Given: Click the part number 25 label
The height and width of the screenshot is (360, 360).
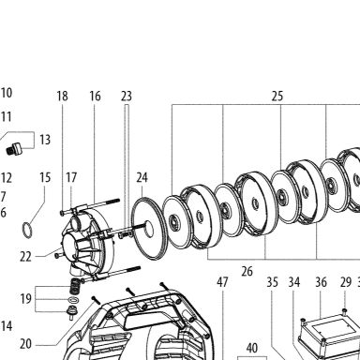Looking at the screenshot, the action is [277, 96].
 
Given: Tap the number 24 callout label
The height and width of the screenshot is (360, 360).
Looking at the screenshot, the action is [142, 177].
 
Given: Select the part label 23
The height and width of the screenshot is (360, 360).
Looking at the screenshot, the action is [127, 96].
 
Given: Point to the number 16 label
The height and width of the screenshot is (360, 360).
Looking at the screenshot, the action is [95, 96].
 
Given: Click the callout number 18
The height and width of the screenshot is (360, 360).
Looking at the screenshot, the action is [62, 96].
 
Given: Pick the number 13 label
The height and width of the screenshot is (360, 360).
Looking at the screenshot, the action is [45, 140].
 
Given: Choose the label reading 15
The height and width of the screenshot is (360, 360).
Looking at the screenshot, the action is [45, 177].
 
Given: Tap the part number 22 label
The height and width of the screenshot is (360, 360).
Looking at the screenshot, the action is [25, 257].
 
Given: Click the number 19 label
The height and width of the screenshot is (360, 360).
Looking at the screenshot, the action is [25, 299].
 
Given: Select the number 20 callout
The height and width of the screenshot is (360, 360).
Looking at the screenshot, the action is [25, 344].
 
